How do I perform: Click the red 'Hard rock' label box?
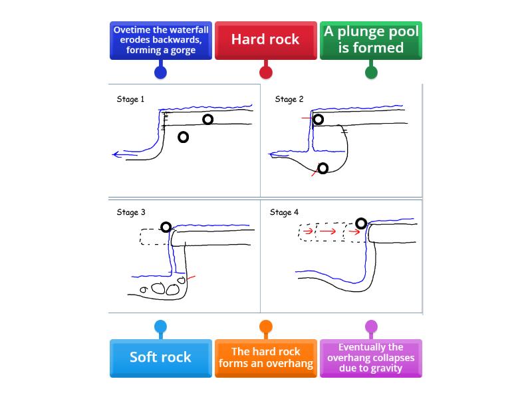tap(265, 40)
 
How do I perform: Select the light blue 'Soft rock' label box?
tap(160, 358)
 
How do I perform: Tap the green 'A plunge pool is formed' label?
tap(371, 40)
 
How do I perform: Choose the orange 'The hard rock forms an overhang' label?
tap(265, 358)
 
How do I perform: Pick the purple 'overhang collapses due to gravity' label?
tap(371, 358)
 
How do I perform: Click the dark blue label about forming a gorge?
tap(160, 40)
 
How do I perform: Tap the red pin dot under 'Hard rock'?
tap(265, 72)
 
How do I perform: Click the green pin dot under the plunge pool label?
tap(371, 72)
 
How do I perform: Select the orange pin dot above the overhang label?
tap(265, 327)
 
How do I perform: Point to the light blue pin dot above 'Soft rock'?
tap(160, 327)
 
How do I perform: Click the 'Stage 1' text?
tap(130, 100)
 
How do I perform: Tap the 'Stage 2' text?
tap(289, 100)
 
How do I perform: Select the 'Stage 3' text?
tap(131, 213)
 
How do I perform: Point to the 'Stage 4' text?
tap(284, 213)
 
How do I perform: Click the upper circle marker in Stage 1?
tap(208, 119)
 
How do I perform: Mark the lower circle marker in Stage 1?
tap(183, 137)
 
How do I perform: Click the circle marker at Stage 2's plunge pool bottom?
tap(323, 168)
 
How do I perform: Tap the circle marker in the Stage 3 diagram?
tap(166, 227)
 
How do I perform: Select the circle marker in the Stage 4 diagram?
tap(360, 223)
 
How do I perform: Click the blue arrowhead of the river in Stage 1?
tap(116, 155)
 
